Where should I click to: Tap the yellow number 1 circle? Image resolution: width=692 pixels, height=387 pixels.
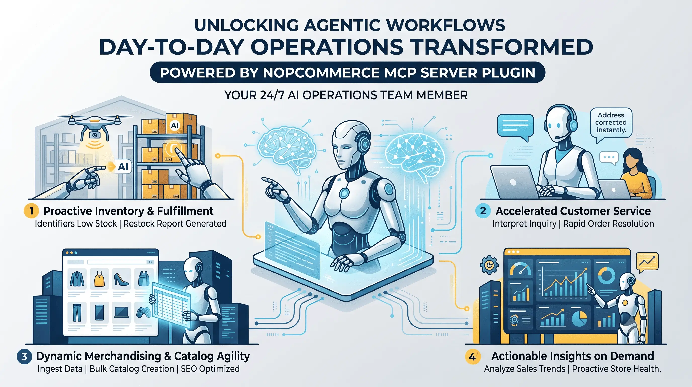(x=31, y=211)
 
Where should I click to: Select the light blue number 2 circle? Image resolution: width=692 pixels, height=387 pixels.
(x=483, y=211)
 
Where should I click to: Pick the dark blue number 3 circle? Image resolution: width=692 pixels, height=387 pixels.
(x=24, y=357)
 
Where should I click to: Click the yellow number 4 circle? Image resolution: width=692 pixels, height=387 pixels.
(x=472, y=357)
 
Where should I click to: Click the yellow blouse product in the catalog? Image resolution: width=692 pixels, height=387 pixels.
(x=99, y=279)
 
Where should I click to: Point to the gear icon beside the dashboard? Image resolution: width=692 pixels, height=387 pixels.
(x=489, y=265)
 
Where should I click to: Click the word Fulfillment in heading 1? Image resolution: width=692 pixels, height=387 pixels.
(x=185, y=211)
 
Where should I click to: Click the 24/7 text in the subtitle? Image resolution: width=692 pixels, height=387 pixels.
(x=272, y=95)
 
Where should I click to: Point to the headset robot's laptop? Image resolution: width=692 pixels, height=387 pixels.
(x=514, y=182)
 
